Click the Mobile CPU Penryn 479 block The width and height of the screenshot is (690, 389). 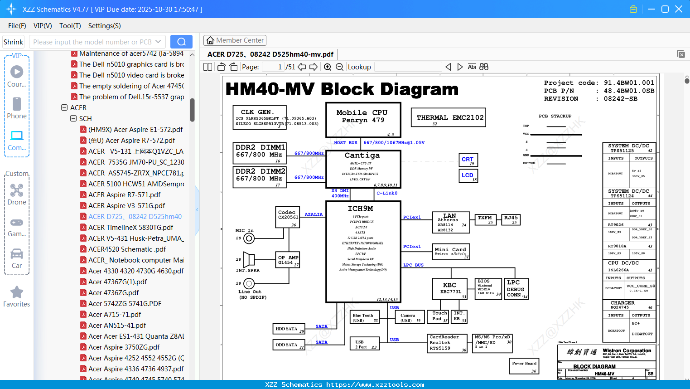click(x=363, y=120)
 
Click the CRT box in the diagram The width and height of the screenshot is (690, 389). click(x=468, y=160)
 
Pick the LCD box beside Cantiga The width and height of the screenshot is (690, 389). click(x=468, y=175)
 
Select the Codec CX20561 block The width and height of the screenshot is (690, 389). click(x=287, y=217)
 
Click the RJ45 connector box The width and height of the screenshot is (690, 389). click(x=511, y=219)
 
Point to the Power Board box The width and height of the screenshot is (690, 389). click(x=524, y=366)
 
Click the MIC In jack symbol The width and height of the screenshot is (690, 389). click(x=249, y=238)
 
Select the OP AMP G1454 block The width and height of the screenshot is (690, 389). click(x=288, y=260)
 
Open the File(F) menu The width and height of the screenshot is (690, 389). click(x=17, y=26)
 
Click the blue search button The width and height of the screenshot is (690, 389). click(x=181, y=42)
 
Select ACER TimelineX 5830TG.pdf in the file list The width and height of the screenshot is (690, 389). click(x=130, y=228)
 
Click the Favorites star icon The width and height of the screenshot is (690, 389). click(x=17, y=292)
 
